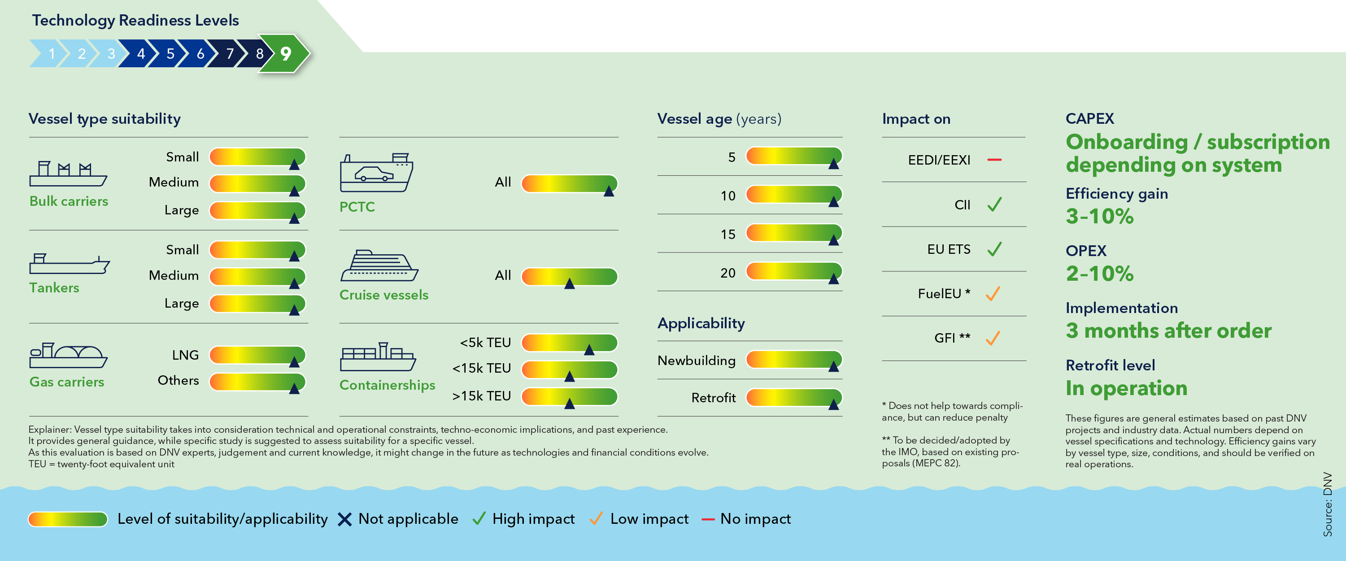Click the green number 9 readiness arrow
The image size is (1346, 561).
click(285, 53)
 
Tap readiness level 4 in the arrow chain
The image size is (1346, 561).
click(140, 53)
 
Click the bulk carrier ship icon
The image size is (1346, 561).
click(68, 174)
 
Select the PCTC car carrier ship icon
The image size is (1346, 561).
click(376, 173)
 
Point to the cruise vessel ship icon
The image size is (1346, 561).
click(379, 266)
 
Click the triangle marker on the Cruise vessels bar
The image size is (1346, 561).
click(570, 283)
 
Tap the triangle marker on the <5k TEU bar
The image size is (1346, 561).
click(589, 349)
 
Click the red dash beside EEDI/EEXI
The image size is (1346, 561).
click(994, 160)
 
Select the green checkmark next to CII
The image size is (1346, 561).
click(994, 204)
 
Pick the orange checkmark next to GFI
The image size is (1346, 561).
click(993, 338)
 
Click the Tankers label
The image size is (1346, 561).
click(54, 288)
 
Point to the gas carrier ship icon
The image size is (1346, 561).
click(68, 356)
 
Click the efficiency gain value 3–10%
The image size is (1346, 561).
click(1099, 216)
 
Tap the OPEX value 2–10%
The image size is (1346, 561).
click(1099, 274)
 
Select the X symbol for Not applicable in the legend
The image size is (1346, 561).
click(344, 519)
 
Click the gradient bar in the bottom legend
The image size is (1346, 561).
click(68, 519)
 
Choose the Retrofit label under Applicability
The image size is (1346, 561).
click(713, 398)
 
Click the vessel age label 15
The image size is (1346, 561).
click(728, 235)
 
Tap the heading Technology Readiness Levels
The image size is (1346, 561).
click(135, 20)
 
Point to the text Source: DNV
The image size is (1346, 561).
click(1327, 504)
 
